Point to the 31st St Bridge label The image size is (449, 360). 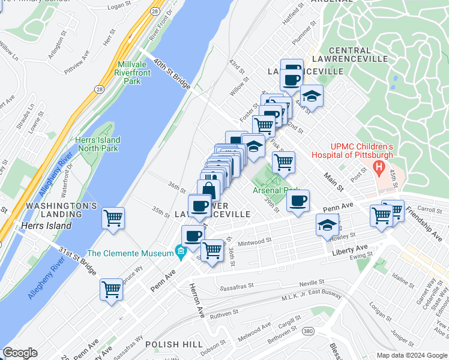pos(77,259)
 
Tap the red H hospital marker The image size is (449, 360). pos(379,166)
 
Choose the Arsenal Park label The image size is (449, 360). pos(276,190)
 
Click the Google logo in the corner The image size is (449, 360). pos(20,353)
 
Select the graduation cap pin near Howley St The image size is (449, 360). pos(327,225)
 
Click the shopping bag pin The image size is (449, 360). pos(208,190)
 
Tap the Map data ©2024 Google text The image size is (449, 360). pos(411,355)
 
